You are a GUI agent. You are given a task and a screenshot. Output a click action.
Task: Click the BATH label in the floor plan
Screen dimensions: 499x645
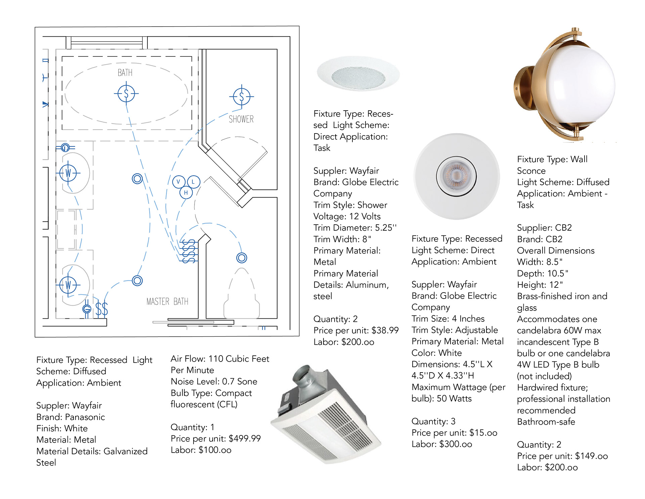point(125,73)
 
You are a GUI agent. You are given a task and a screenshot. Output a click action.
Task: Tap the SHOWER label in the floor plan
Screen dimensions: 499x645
point(241,119)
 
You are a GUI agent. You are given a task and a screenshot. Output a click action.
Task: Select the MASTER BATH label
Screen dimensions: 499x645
point(167,301)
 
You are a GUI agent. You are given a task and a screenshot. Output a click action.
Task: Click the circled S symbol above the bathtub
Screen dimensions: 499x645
point(126,93)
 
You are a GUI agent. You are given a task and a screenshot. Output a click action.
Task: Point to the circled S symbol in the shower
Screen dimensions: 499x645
point(241,97)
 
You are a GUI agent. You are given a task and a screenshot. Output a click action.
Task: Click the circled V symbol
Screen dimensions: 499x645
point(178,182)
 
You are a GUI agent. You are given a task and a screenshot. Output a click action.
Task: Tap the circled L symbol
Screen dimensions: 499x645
point(193,182)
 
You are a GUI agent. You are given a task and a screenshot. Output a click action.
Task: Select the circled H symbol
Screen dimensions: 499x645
point(186,193)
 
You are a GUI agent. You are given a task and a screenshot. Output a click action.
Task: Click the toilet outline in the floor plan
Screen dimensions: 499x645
point(242,296)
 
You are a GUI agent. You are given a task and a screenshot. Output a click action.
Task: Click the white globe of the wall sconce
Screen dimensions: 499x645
point(585,86)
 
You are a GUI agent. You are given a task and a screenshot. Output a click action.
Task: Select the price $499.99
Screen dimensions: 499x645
point(245,438)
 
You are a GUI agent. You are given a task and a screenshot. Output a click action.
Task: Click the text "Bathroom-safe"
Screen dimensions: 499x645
point(546,422)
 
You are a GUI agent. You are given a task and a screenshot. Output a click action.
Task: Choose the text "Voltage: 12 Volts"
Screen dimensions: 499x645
point(347,216)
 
